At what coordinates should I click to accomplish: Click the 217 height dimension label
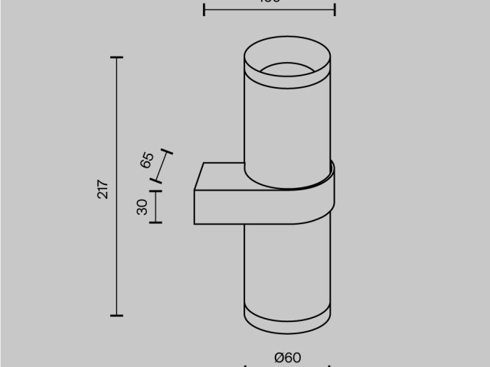tap(103, 188)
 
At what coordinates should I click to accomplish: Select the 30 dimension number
tap(142, 206)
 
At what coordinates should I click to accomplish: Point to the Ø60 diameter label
tap(287, 357)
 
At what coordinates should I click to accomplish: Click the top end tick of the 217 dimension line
tap(116, 58)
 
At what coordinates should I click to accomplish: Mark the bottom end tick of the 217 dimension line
tap(116, 314)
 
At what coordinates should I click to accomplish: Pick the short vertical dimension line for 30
tap(156, 206)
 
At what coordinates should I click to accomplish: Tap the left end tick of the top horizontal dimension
tap(204, 9)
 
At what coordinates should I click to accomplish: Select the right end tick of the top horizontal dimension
tap(335, 9)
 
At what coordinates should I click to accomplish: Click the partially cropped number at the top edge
tap(270, 2)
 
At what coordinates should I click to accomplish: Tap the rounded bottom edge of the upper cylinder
tap(287, 185)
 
